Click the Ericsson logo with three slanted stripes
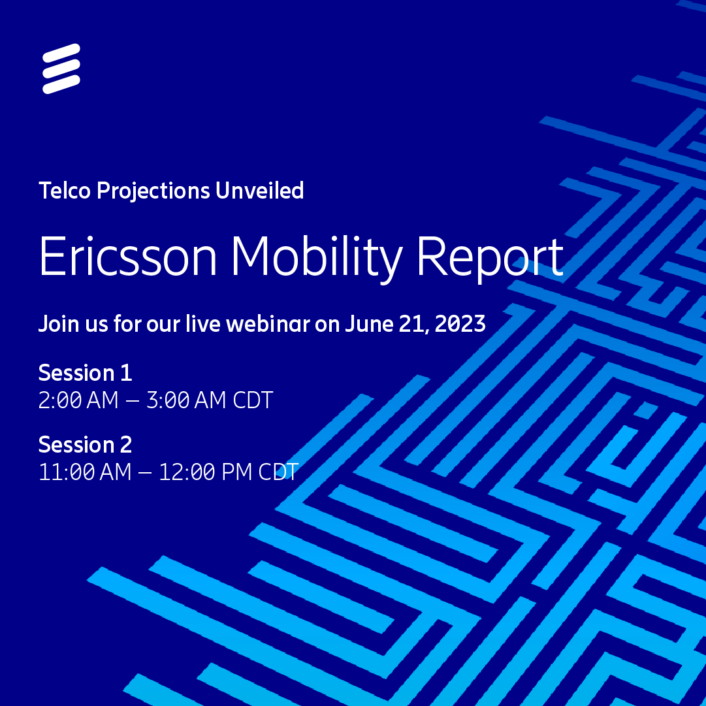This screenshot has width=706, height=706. (x=61, y=69)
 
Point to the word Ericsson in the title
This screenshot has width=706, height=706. (x=128, y=256)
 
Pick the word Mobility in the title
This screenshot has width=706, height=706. (x=316, y=256)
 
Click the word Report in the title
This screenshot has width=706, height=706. (x=489, y=256)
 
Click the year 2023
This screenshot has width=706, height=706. (x=460, y=323)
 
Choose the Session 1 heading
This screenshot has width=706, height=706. (x=85, y=373)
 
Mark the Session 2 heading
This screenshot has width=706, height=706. (x=85, y=445)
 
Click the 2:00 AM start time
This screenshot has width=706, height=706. (x=78, y=400)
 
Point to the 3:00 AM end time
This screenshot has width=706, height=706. (x=186, y=400)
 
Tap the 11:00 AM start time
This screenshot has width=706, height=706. (x=85, y=472)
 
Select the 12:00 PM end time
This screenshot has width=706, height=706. (x=205, y=472)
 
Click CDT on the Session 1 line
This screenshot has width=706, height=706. (x=253, y=400)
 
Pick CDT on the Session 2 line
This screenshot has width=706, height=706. (x=278, y=472)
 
